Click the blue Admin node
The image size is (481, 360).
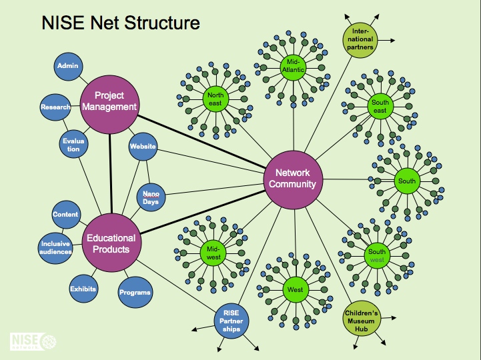[x=68, y=66]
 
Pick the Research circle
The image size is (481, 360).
[x=55, y=107]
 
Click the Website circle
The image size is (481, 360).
[x=143, y=146]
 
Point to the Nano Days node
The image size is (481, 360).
[x=151, y=197]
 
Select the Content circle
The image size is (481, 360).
[x=65, y=215]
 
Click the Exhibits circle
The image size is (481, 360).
[x=83, y=289]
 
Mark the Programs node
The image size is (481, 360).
[x=135, y=292]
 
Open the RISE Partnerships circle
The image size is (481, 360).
[x=232, y=321]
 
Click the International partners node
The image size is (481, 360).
[x=362, y=39]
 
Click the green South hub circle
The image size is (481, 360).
[x=406, y=181]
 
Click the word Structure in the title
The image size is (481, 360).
[x=161, y=23]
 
